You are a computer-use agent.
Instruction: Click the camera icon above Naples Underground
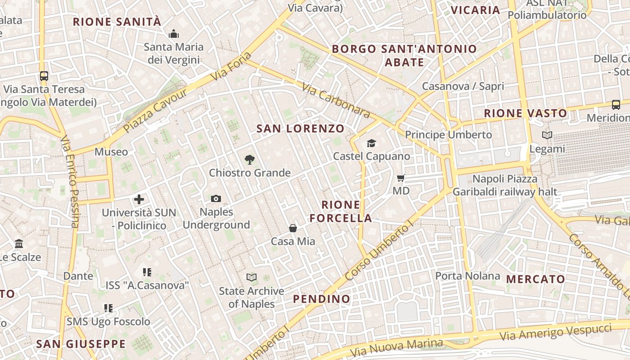click(216, 198)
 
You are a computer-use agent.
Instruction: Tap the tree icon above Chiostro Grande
click(249, 160)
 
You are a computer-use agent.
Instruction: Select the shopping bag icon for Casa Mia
click(293, 228)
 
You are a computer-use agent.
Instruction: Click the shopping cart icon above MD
click(401, 178)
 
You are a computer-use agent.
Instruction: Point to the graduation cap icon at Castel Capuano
click(371, 143)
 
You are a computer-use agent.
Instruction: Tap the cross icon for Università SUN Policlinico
click(139, 199)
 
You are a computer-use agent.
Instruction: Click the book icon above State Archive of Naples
click(252, 277)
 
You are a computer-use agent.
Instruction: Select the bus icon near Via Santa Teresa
click(44, 76)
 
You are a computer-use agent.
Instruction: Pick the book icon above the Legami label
click(547, 135)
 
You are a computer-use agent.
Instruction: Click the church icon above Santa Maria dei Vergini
click(174, 34)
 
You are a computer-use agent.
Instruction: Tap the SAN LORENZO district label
click(300, 129)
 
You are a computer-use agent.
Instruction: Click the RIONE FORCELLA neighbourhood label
click(347, 211)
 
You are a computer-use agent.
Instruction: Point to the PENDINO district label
click(321, 299)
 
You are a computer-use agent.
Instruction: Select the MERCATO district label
click(535, 279)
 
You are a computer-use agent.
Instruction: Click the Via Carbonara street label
click(335, 100)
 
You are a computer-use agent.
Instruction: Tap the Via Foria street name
click(232, 67)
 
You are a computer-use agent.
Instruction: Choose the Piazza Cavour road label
click(155, 111)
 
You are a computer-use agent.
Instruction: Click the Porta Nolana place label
click(468, 275)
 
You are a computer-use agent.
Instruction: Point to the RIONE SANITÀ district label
click(117, 22)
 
